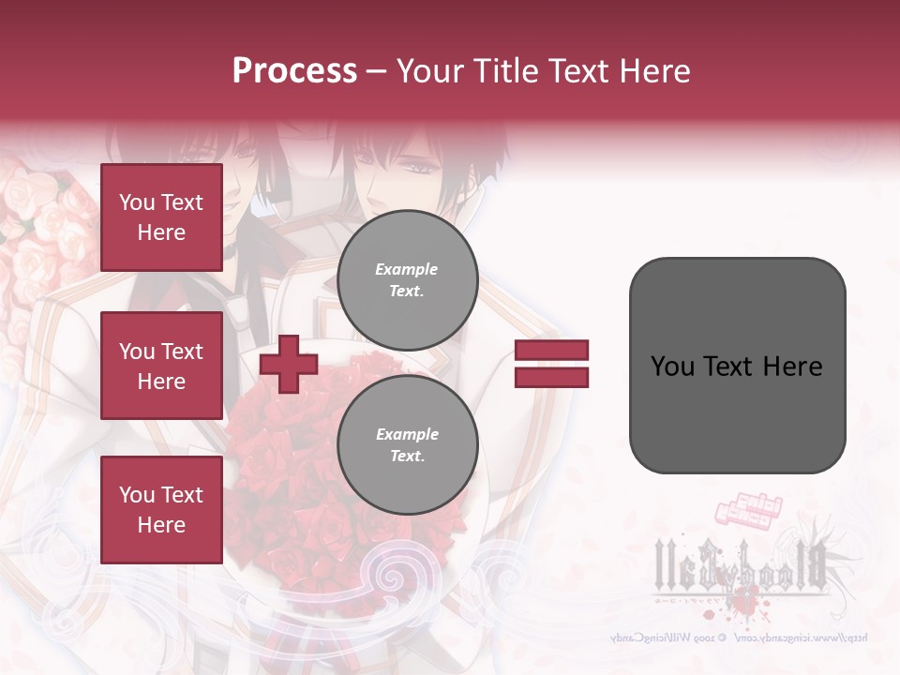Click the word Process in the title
point(294,70)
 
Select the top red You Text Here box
point(161,217)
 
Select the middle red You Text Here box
point(161,366)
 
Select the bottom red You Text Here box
point(161,509)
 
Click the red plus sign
point(288,365)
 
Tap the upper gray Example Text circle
point(407,279)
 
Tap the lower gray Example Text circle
point(407,444)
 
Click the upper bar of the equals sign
point(551,351)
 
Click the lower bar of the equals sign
point(551,378)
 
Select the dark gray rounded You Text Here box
point(737,366)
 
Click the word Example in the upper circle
point(407,269)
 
